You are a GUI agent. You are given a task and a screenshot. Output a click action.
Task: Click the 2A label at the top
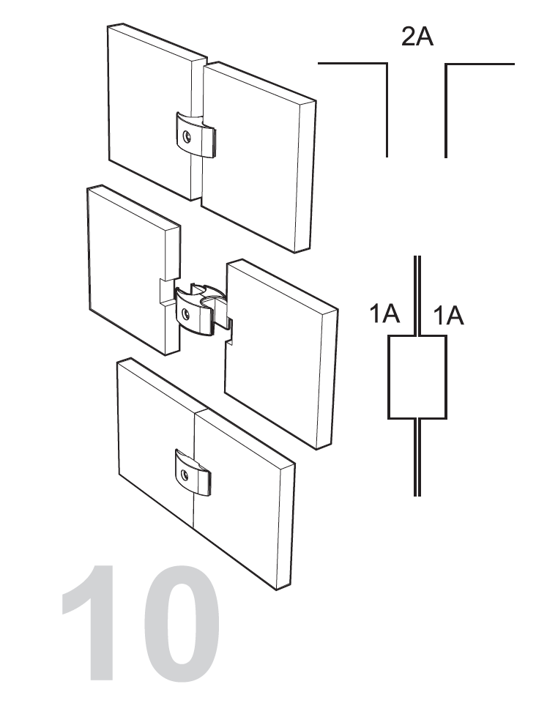(x=417, y=37)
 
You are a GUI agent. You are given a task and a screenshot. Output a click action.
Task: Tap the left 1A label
(x=384, y=314)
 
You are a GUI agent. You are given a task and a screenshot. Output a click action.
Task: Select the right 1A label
(x=448, y=316)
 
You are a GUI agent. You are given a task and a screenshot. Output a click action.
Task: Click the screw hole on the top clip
(x=187, y=136)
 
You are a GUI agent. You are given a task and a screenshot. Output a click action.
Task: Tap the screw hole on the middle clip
(x=186, y=313)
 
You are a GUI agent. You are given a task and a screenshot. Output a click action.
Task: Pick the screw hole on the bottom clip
(x=185, y=474)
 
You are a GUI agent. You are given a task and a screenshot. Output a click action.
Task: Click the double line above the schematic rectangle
(x=417, y=295)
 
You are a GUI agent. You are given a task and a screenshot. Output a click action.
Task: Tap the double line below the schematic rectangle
(x=417, y=457)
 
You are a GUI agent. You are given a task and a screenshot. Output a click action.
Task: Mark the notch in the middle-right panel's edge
(x=230, y=330)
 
